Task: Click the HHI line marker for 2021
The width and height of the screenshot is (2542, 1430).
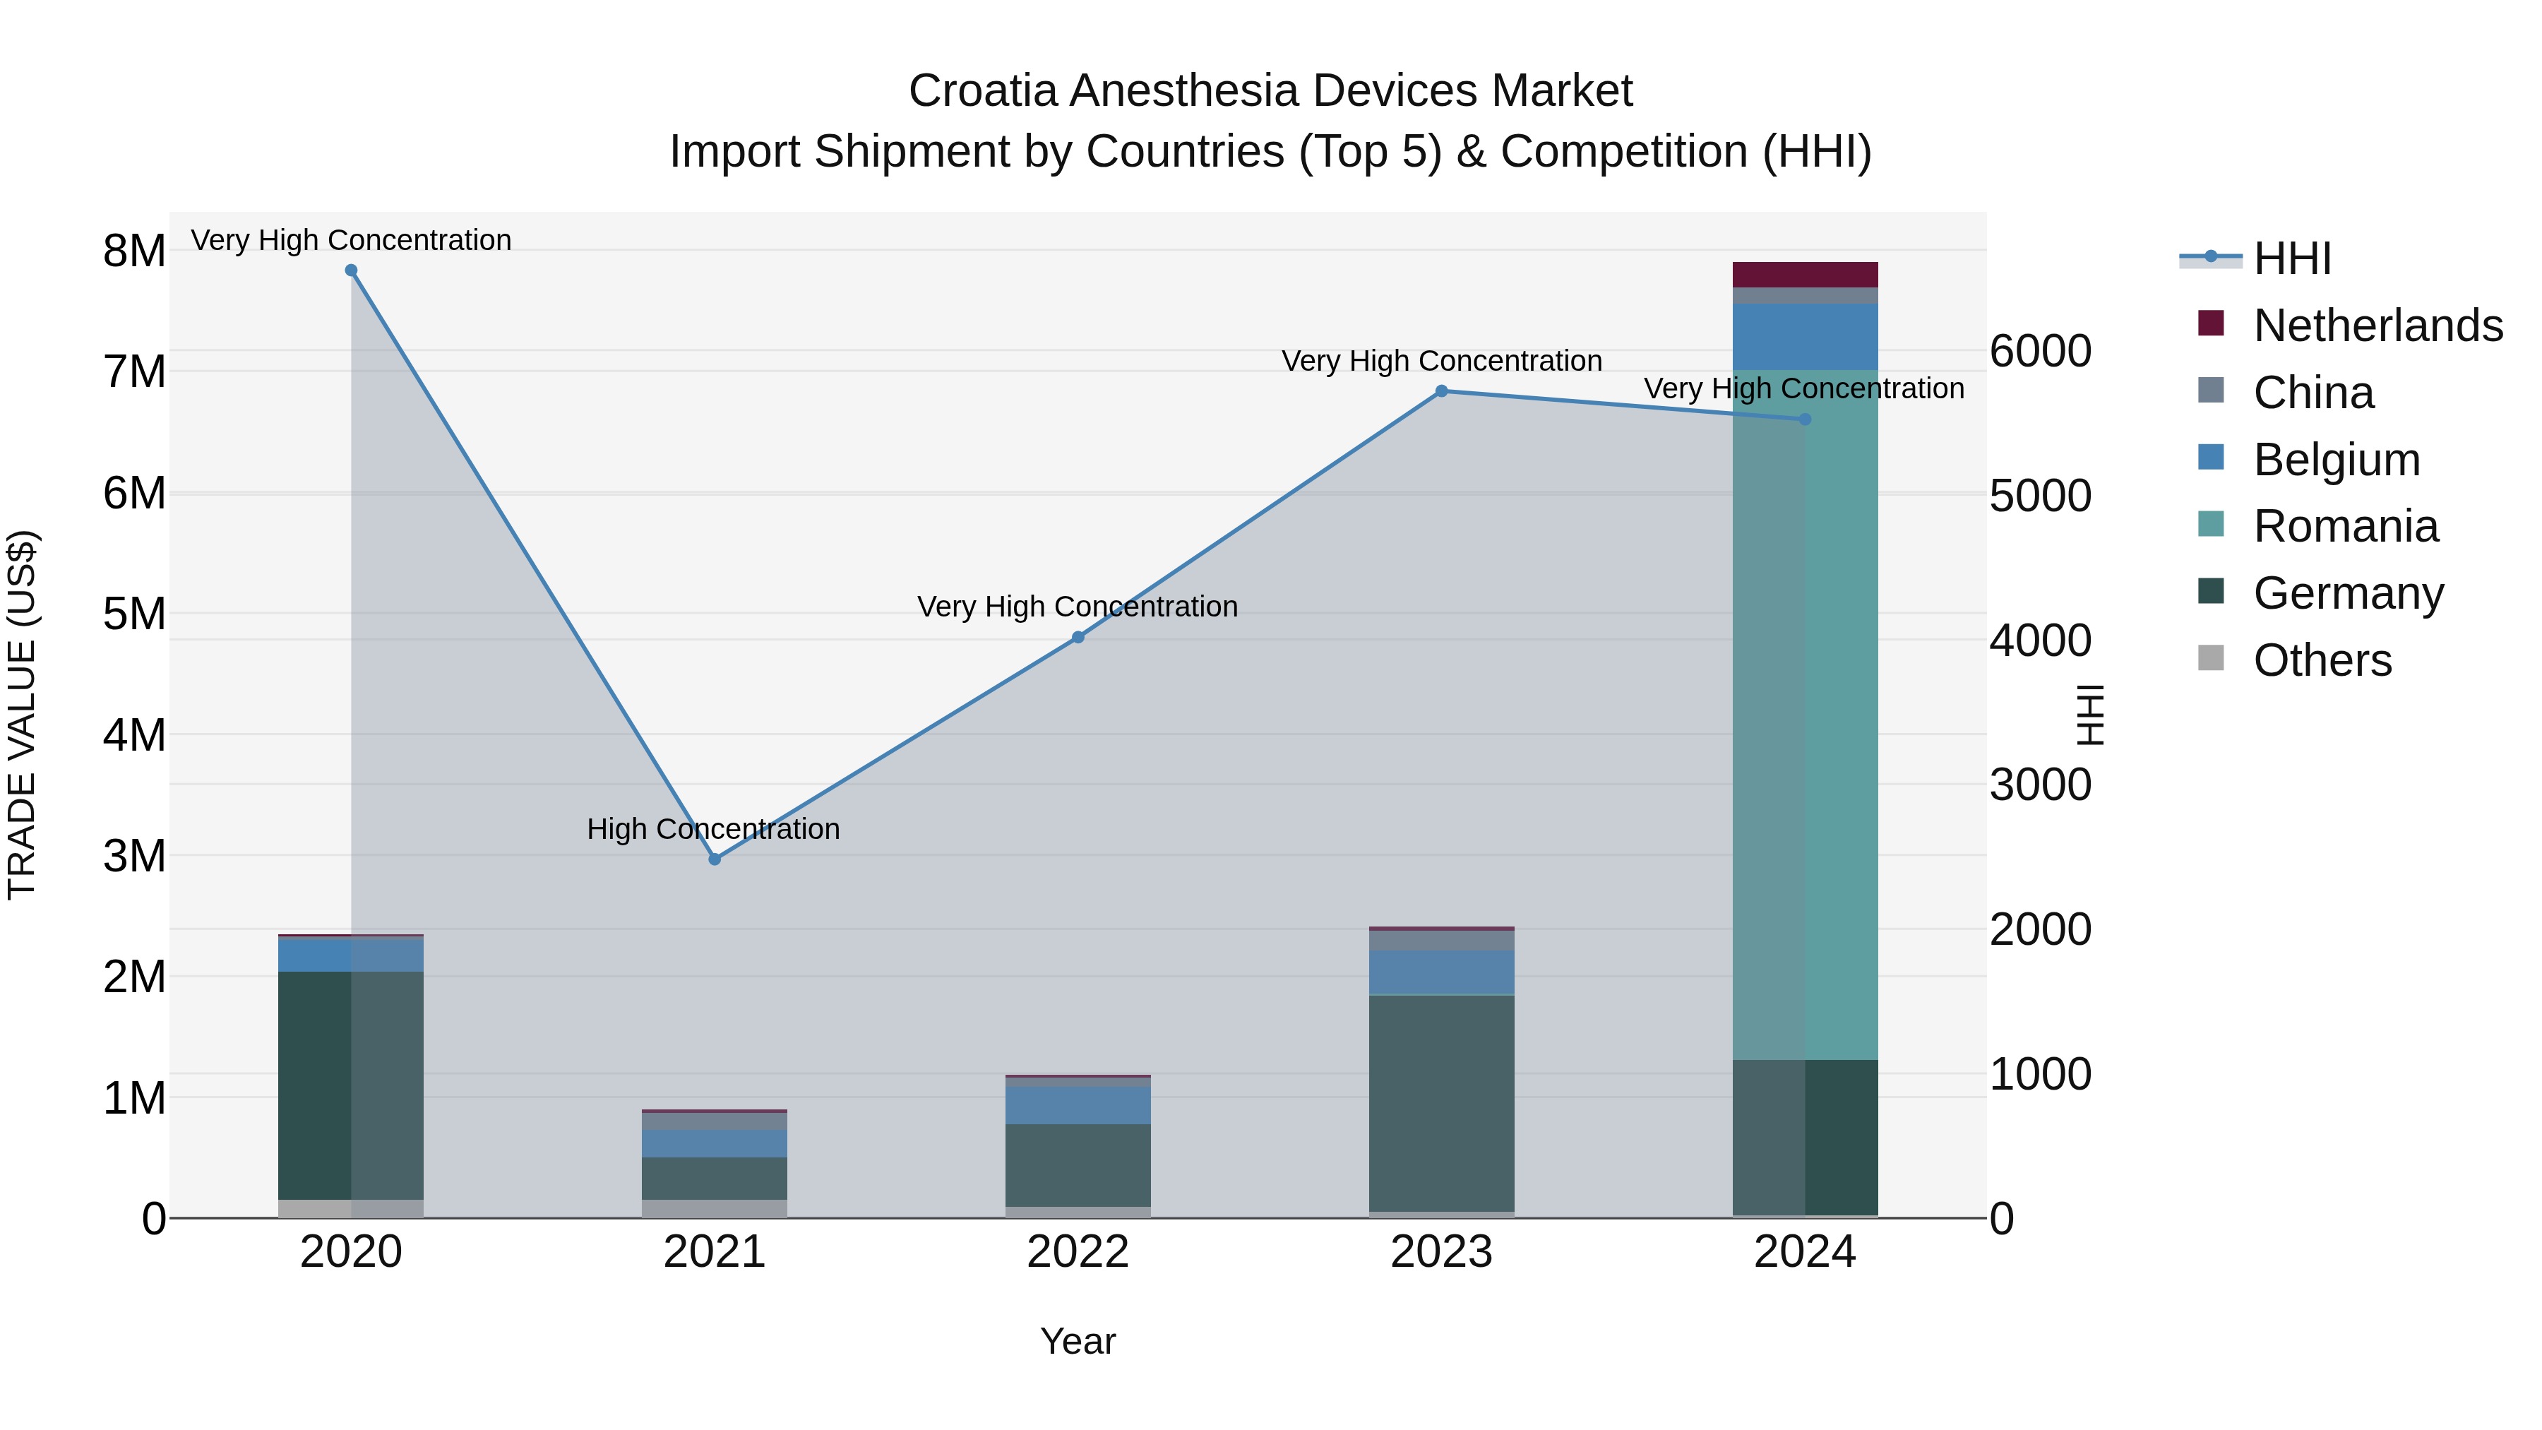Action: [x=715, y=859]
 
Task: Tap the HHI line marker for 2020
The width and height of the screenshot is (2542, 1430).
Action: [x=352, y=270]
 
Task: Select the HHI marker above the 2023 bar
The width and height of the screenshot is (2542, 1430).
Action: [x=1440, y=391]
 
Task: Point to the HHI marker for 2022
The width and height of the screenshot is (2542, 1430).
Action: [x=1078, y=638]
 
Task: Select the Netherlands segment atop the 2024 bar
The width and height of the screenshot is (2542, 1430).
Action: [x=1805, y=275]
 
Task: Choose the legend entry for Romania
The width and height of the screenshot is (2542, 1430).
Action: [x=2344, y=526]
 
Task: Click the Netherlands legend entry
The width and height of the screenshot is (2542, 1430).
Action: [x=2376, y=326]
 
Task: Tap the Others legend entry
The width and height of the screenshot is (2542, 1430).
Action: [x=2321, y=660]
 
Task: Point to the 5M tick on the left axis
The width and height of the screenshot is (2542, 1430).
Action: [x=134, y=614]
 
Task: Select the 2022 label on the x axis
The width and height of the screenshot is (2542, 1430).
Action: [x=1078, y=1252]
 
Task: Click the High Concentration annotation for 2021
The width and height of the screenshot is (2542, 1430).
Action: [x=713, y=829]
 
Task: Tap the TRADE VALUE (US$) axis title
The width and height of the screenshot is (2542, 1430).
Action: [x=22, y=715]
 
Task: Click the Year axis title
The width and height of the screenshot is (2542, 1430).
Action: [x=1078, y=1341]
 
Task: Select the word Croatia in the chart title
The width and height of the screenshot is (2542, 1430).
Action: [x=984, y=91]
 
